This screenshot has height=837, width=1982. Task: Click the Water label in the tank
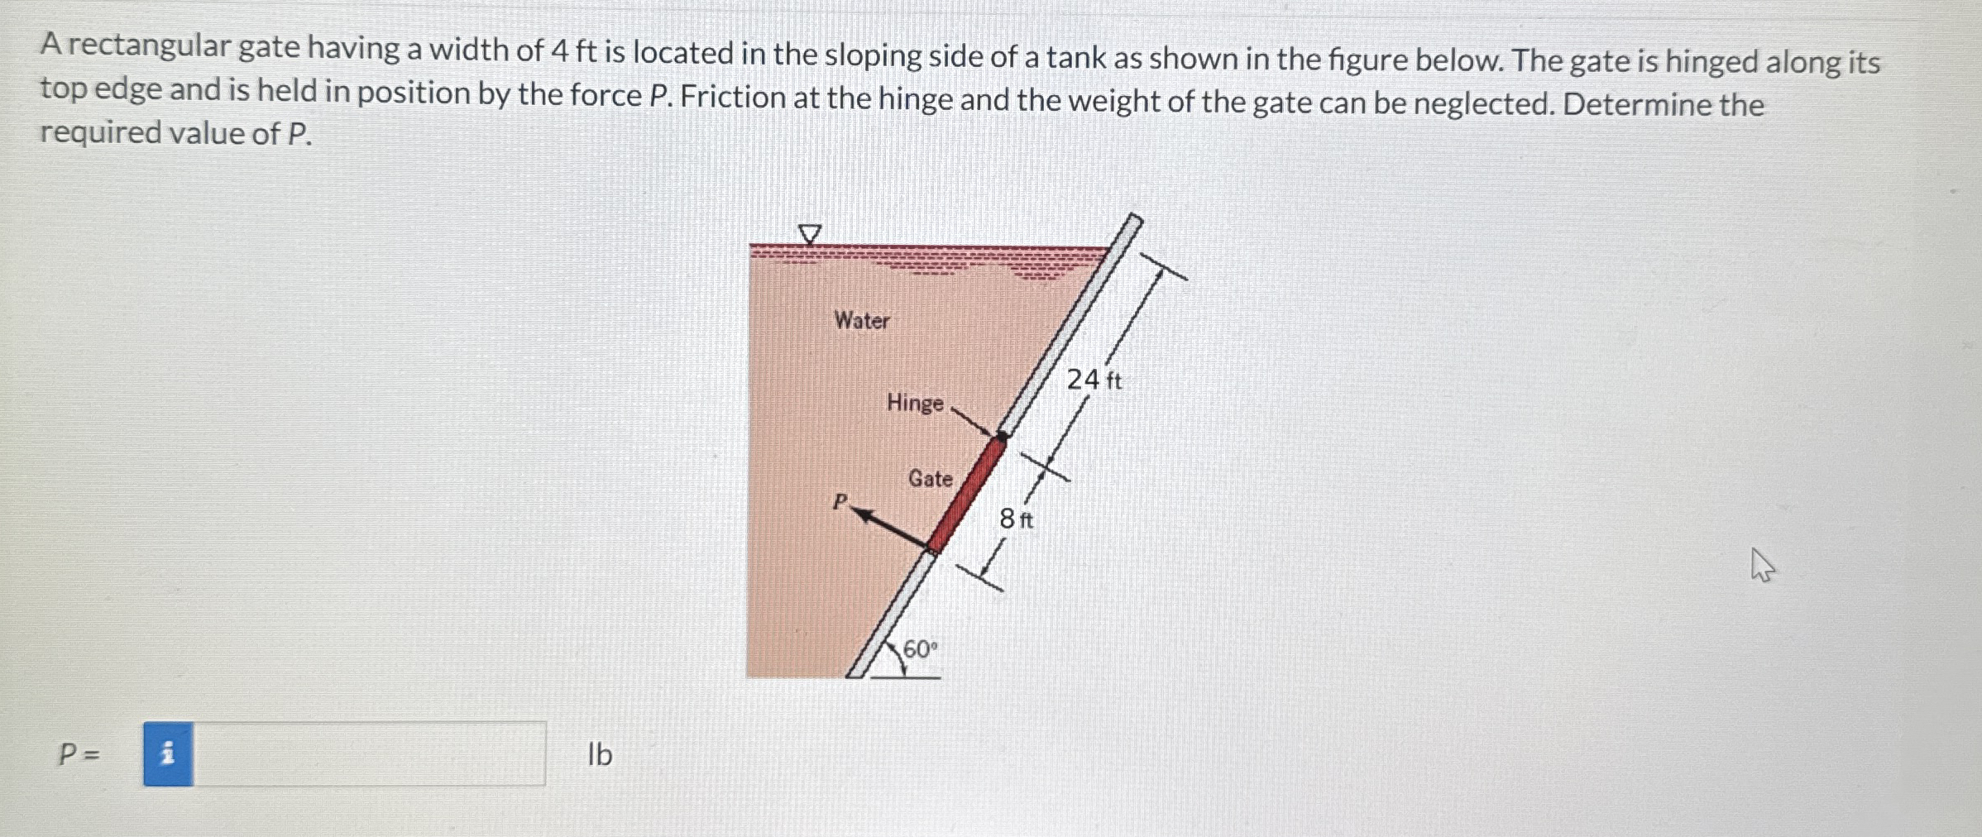tap(861, 320)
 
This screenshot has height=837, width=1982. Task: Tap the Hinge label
tap(915, 403)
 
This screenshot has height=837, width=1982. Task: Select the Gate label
tap(930, 478)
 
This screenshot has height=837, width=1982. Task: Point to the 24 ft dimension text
tap(1094, 380)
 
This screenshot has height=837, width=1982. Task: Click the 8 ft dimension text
tap(1016, 519)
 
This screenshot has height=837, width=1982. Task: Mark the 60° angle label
tap(920, 649)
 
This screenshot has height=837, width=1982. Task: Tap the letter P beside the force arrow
tap(840, 501)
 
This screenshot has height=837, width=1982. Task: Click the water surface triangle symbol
tap(810, 234)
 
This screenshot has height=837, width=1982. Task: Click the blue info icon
tap(168, 753)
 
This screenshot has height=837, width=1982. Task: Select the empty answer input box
tap(369, 753)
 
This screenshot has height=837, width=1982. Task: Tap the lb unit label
tap(600, 754)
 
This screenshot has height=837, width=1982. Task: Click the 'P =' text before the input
tap(79, 754)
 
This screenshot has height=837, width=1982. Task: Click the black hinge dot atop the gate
tap(1003, 435)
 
